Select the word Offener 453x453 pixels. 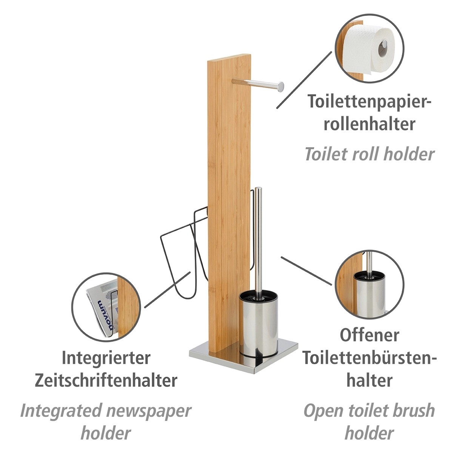pos(370,335)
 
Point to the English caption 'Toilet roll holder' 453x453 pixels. pos(370,154)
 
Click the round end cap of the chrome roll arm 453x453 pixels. pos(280,86)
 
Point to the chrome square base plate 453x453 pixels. pos(243,359)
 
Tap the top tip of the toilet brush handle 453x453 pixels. pos(258,188)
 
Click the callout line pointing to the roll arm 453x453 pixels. pos(304,80)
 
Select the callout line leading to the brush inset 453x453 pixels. pos(306,271)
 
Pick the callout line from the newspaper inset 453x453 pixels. pos(167,290)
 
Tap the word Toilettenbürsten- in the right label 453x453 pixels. pos(370,357)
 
